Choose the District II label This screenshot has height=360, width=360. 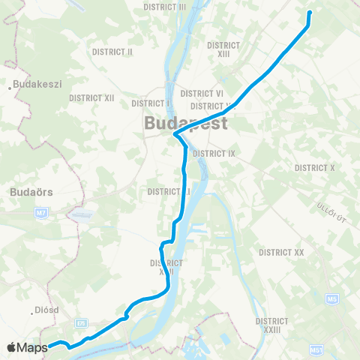112,52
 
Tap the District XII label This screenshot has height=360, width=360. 91,97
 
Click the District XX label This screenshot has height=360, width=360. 281,253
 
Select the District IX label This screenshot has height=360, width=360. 214,153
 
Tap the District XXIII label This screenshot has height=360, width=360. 272,324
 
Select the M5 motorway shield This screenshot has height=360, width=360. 331,300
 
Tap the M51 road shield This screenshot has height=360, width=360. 316,350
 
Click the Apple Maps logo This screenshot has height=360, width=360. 28,347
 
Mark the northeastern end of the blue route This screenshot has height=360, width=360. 310,13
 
